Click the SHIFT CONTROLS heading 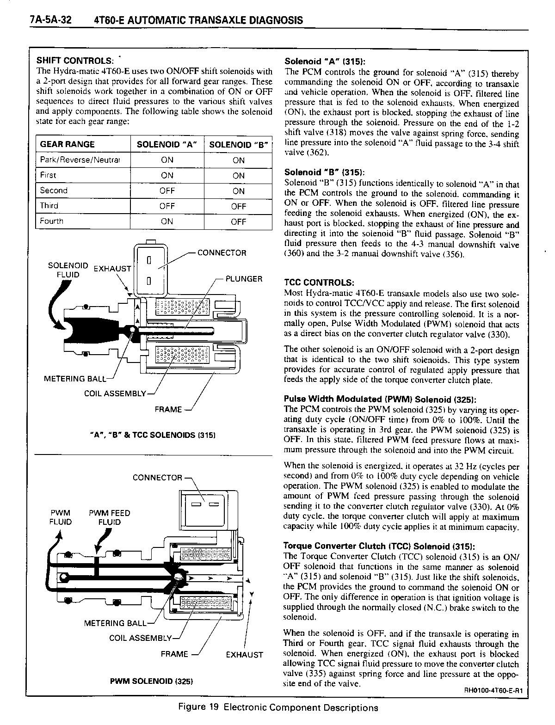[74, 61]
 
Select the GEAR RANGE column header [67, 144]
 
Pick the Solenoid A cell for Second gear [167, 190]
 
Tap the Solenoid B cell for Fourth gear [238, 221]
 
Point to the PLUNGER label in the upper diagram [244, 279]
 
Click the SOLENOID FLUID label [68, 270]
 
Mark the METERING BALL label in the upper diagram [74, 379]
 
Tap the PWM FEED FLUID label [109, 517]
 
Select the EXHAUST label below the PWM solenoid [244, 655]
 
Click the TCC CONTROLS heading [320, 283]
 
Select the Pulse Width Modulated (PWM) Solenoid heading [380, 399]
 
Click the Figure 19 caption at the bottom [277, 707]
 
